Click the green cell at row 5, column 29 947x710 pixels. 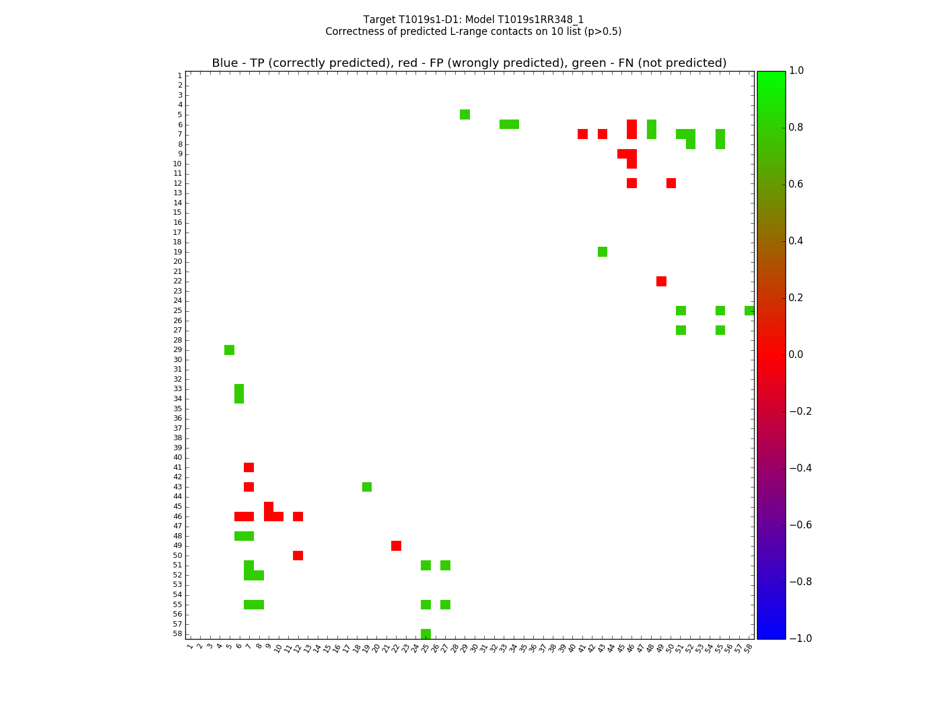pos(465,114)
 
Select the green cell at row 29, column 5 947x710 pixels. pos(229,350)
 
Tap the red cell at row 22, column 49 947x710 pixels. pos(661,281)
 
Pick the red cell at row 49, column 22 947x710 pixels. pos(396,546)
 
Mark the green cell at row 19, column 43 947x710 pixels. pos(603,251)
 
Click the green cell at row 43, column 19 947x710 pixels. pos(367,487)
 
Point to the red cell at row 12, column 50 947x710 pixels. pos(671,183)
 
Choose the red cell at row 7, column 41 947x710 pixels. pos(582,134)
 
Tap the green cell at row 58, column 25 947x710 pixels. pos(426,634)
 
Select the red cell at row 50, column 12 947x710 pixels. pos(298,556)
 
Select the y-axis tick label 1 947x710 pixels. pos(179,76)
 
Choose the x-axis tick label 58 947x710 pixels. pos(749,647)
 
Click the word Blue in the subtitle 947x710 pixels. pos(225,63)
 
